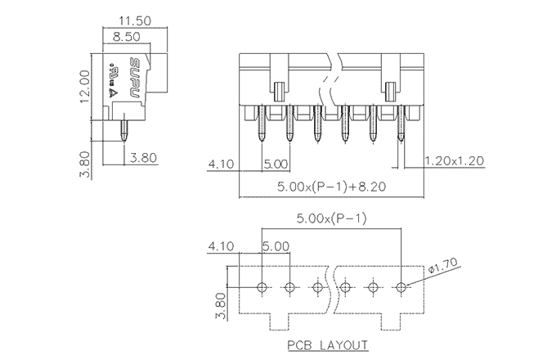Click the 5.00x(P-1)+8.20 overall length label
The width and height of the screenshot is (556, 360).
point(331,187)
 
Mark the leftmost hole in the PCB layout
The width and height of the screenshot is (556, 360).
point(262,287)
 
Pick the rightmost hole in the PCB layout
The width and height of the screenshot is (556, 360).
point(401,287)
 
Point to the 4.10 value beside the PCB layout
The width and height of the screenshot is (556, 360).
point(222,245)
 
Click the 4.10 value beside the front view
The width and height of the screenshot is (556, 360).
point(222,164)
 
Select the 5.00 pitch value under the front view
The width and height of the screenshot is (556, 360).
point(276,164)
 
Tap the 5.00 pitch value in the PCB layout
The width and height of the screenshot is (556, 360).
point(276,245)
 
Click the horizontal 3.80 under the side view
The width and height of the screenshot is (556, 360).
point(143,159)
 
